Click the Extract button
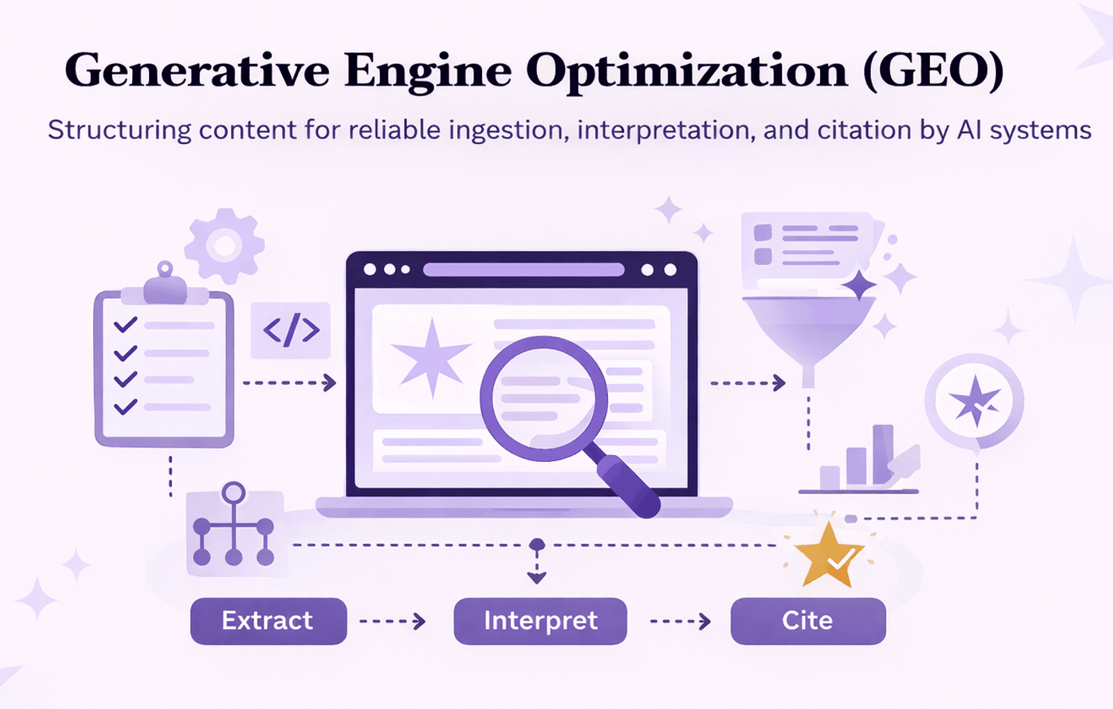coord(269,621)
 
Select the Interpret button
coord(540,621)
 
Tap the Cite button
coord(808,621)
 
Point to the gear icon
coord(224,246)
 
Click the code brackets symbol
coord(291,330)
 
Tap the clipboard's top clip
coord(165,286)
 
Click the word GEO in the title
coord(933,70)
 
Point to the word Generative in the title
coord(197,70)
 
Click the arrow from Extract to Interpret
coord(392,621)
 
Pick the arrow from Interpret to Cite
coord(680,621)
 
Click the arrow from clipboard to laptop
coord(289,383)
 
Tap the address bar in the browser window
coord(524,269)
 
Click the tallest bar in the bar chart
coord(883,454)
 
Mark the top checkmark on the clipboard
coord(125,325)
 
